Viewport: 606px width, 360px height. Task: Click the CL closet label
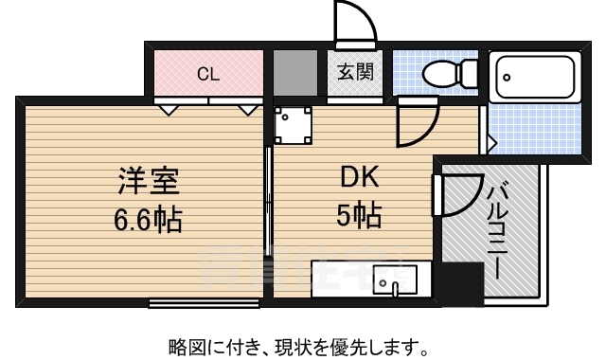[x=208, y=74]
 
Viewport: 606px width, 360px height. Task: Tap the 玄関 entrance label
[x=355, y=72]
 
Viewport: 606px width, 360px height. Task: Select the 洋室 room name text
[x=149, y=181]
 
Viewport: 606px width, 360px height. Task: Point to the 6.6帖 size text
[x=148, y=219]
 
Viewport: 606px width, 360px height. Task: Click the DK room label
[x=359, y=177]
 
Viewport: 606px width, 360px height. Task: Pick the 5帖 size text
[x=359, y=215]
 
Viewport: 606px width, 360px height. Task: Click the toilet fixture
[x=450, y=72]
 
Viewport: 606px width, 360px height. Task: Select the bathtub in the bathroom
[x=535, y=77]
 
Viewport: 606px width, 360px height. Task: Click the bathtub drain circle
[x=507, y=78]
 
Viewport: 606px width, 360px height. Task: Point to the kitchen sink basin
[x=395, y=280]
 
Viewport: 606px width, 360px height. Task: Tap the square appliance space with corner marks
[x=293, y=125]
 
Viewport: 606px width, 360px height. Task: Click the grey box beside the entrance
[x=295, y=72]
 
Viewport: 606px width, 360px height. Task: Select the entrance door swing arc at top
[x=357, y=19]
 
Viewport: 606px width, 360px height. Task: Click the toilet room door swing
[x=418, y=124]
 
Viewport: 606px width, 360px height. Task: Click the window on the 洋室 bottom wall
[x=205, y=303]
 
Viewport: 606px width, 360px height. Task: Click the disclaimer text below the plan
[x=298, y=348]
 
